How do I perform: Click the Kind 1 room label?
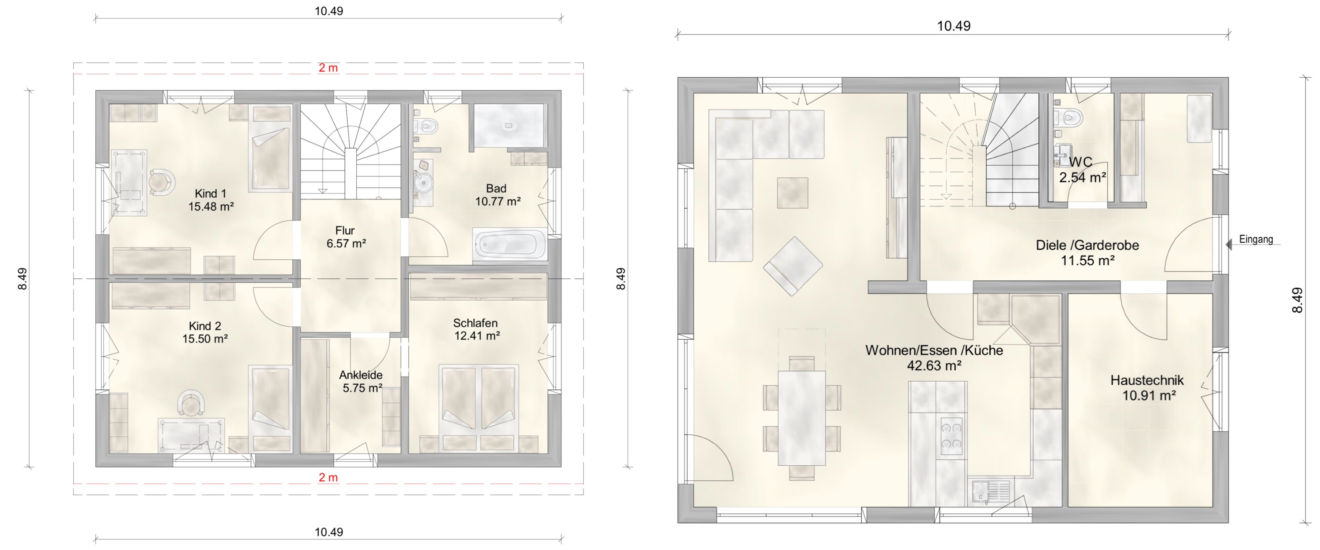point(210,194)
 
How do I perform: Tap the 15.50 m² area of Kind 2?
point(205,339)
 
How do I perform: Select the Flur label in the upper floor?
point(345,231)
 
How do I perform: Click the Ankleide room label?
point(361,375)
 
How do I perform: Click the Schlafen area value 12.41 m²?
point(477,336)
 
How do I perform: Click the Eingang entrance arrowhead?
point(1228,245)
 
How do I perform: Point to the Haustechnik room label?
point(1147,380)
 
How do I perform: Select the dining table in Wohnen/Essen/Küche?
point(802,418)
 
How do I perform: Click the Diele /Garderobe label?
point(1088,245)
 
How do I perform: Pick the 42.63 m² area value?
point(934,366)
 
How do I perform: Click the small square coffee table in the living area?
point(792,193)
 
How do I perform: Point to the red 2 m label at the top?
point(328,68)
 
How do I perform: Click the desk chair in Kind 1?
point(161,181)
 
